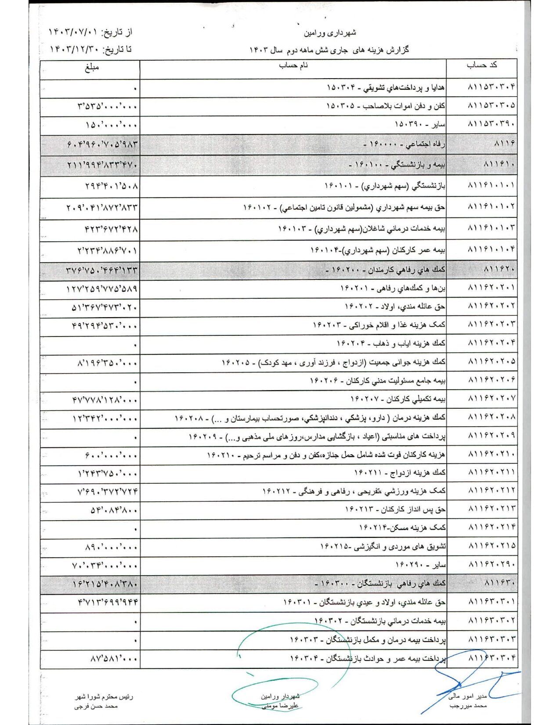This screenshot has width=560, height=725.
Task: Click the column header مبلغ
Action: pos(92,67)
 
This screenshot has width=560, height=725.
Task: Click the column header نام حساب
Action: pos(293,65)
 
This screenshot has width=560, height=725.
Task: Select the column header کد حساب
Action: pos(482,65)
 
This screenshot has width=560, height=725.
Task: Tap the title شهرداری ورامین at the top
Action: pos(330,33)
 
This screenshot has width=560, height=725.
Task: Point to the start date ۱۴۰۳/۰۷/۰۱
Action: pos(72,32)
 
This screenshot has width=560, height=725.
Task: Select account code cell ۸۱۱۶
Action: pos(504,144)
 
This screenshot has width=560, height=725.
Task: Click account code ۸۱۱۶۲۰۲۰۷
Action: pos(492,399)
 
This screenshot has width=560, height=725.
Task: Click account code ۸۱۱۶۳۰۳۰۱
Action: pos(492,601)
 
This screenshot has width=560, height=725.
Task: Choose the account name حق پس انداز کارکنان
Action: pos(395,509)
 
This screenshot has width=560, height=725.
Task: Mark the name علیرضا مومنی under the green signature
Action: pos(280,706)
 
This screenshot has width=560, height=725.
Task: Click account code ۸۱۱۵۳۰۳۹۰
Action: pos(492,125)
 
